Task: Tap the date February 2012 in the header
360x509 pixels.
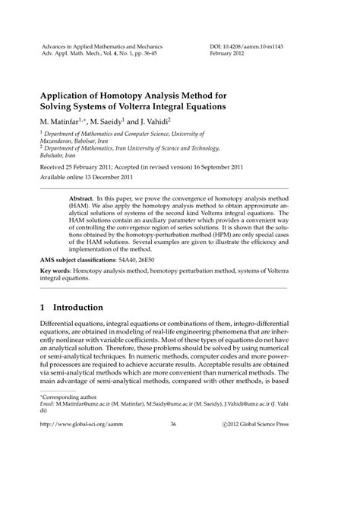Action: (x=232, y=55)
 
